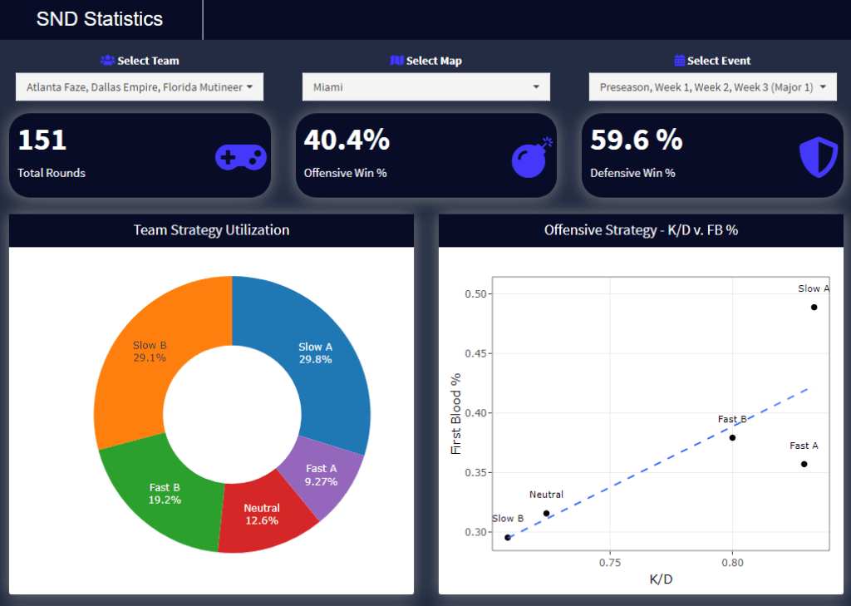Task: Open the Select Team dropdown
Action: click(x=140, y=87)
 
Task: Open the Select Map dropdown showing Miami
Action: click(x=426, y=87)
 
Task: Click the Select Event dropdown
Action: click(x=712, y=87)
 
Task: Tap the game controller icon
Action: click(x=240, y=157)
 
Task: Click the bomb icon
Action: click(x=531, y=158)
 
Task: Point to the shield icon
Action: click(x=819, y=157)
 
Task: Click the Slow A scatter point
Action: click(x=814, y=308)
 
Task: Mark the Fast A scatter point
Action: click(x=804, y=465)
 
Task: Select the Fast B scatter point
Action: click(x=733, y=437)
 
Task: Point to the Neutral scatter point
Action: click(x=547, y=514)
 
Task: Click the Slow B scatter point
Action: click(x=508, y=538)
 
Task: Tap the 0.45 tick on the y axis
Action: click(x=476, y=353)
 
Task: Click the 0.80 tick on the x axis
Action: click(x=733, y=563)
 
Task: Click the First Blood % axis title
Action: click(x=456, y=414)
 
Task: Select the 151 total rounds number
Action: click(x=42, y=140)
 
